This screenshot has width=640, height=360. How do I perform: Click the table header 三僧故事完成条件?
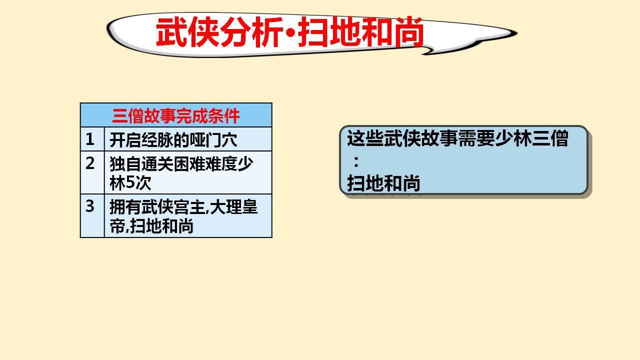(x=175, y=116)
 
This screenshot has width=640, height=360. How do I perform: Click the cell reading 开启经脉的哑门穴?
(x=173, y=140)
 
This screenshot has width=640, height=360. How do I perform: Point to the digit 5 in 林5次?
(x=130, y=183)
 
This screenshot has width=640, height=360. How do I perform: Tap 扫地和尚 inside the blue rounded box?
(x=383, y=183)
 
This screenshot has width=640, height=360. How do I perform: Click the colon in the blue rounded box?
(x=356, y=161)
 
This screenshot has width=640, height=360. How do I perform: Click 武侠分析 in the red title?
(x=220, y=31)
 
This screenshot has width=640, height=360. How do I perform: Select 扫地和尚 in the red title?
(x=360, y=31)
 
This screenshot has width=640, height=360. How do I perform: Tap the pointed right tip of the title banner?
(x=516, y=33)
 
